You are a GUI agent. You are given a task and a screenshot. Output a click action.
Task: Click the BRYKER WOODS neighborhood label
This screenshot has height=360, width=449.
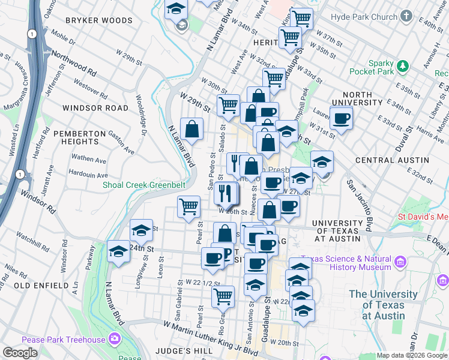pos(98,20)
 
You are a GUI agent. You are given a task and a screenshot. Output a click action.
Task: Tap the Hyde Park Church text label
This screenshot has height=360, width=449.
pos(367,17)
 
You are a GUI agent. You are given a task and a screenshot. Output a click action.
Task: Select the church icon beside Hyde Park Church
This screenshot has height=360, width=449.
pos(406,16)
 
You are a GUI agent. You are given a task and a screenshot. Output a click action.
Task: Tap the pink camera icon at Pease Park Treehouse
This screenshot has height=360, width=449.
pos(114,340)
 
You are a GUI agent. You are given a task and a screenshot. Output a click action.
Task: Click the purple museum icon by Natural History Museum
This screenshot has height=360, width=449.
pos(400,262)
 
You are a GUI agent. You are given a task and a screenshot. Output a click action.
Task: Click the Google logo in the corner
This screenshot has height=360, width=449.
pos(20,353)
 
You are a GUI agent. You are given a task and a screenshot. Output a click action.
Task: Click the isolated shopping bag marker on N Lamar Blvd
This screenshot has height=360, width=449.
pos(191,129)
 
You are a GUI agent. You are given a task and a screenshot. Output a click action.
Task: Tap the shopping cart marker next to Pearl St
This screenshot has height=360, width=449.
pos(188,206)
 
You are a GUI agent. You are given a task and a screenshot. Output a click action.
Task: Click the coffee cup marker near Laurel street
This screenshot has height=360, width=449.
pos(341,118)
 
